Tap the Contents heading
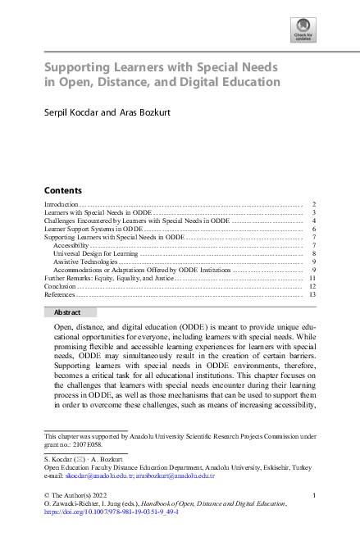click(62, 189)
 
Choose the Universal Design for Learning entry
click(96, 254)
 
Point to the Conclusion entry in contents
click(59, 286)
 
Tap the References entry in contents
click(59, 294)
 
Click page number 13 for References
click(312, 294)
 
